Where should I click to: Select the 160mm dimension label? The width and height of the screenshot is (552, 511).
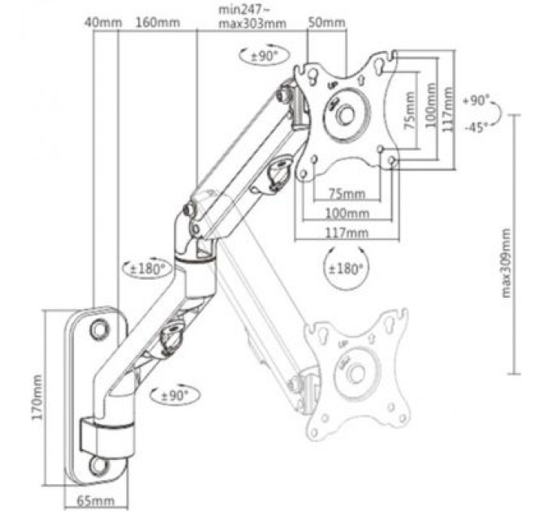pos(158,23)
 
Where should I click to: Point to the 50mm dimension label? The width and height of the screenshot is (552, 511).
pos(327,23)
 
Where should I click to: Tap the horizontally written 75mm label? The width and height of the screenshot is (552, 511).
pos(347,193)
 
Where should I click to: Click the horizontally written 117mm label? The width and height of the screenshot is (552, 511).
pos(347,233)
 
